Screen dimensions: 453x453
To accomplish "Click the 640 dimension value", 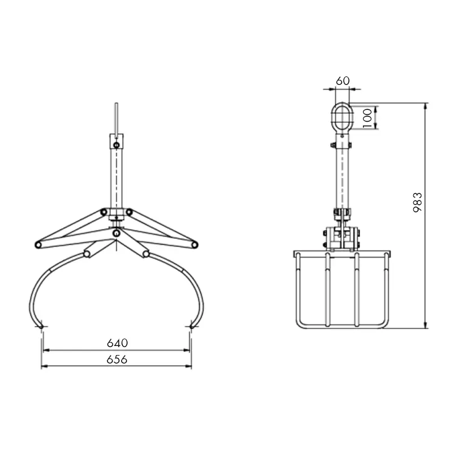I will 117,343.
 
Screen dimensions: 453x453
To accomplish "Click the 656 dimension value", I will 117,359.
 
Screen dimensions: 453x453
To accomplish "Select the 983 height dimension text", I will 417,202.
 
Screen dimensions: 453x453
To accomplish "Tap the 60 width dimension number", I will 342,81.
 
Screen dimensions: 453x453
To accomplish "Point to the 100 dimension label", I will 367,118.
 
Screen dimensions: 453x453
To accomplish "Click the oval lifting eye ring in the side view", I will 342,118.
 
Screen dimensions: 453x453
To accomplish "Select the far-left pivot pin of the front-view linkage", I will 38,245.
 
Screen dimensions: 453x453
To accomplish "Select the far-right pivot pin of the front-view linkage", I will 194,245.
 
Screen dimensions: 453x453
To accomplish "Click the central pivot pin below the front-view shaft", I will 116,233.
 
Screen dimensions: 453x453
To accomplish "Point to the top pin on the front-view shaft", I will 116,146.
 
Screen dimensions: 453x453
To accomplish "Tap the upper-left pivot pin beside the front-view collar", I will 104,212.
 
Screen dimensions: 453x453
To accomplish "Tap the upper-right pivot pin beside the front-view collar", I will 129,212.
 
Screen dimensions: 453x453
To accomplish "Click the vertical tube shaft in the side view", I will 342,176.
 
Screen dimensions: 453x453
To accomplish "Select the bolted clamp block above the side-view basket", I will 342,238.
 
